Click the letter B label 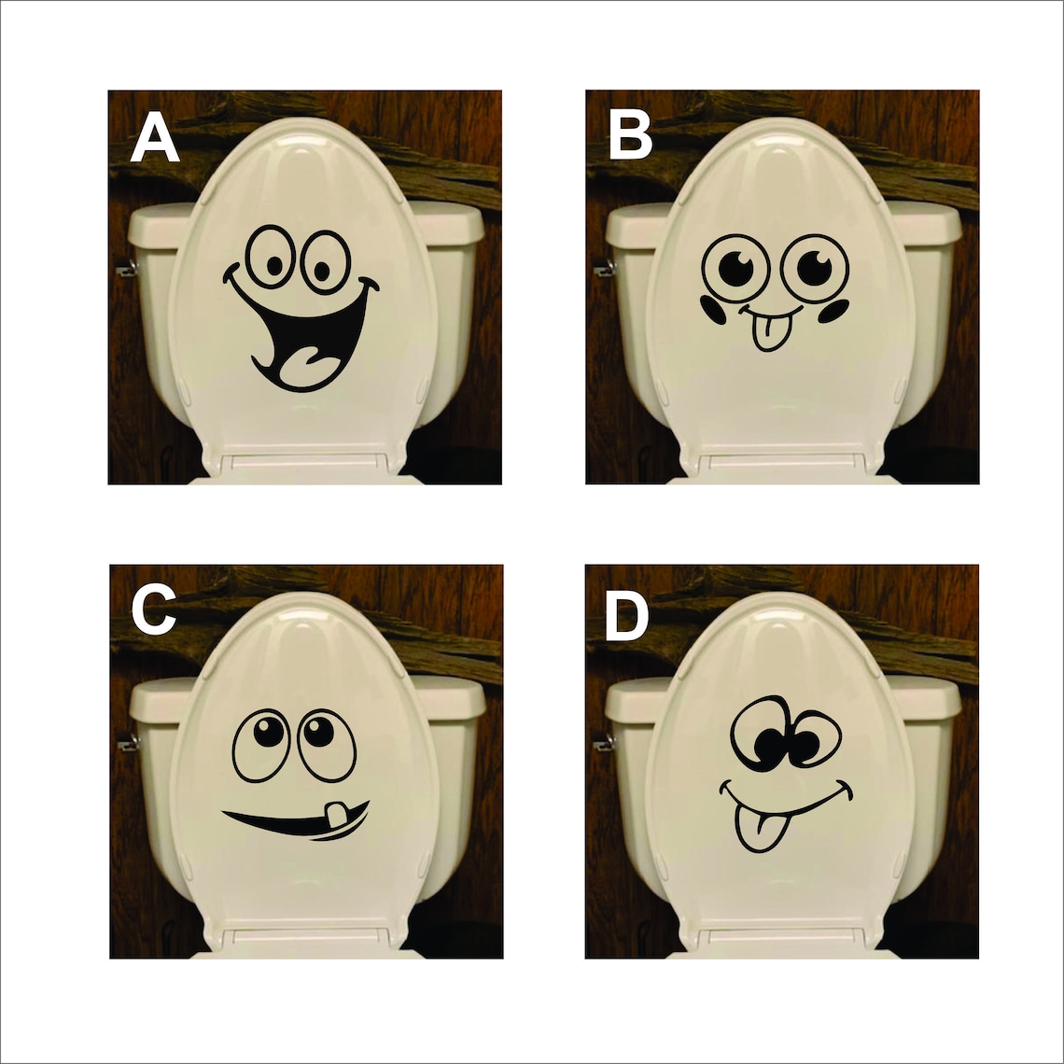tap(631, 137)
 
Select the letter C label tap(154, 611)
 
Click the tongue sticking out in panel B tap(768, 334)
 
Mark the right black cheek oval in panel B tap(833, 310)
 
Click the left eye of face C tap(261, 744)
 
